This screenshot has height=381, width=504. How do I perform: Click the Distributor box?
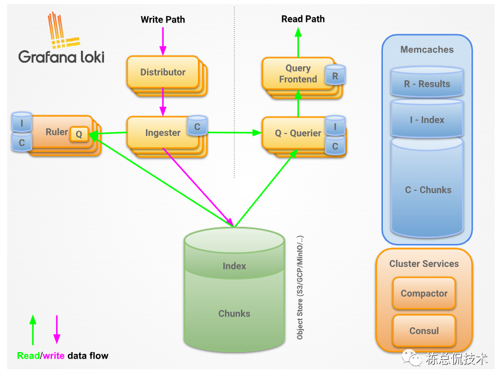coord(162,72)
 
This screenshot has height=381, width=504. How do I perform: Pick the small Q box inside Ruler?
coord(79,135)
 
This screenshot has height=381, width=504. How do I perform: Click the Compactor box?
coord(424,294)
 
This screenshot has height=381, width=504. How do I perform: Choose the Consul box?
coord(424,331)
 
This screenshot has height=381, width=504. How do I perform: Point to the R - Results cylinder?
coord(427,84)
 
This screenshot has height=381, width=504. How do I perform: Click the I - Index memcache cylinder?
coord(427,119)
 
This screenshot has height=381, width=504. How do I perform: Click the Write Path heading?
coord(162,19)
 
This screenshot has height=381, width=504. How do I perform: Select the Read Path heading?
coord(303,19)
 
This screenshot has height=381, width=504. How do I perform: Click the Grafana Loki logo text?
coord(61,57)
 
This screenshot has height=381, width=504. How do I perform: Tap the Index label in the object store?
coord(234,266)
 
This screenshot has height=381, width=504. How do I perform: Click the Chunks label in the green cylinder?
coord(234,313)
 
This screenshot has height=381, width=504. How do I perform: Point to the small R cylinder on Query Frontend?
coord(336,76)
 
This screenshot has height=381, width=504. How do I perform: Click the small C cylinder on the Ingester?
coord(197,126)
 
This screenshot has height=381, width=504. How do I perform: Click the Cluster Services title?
coord(424,263)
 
